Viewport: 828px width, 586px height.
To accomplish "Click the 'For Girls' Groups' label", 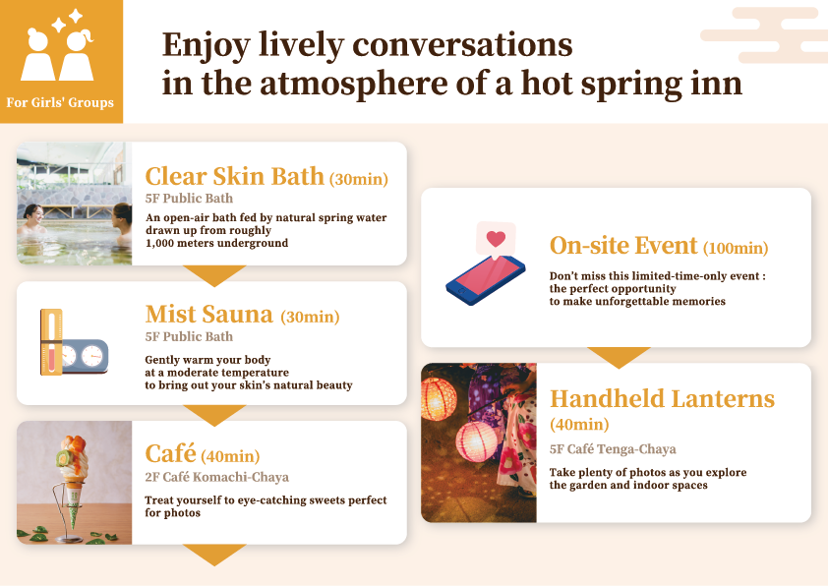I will click(60, 102).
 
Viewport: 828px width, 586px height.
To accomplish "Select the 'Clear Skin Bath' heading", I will click(234, 177).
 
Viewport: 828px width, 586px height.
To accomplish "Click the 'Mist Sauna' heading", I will click(208, 315).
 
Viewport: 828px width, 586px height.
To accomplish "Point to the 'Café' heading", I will click(171, 454).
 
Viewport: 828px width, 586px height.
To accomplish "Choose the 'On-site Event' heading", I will click(623, 246).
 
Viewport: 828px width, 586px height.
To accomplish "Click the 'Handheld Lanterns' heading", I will click(662, 399).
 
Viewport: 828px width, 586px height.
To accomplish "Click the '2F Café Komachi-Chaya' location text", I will click(216, 478).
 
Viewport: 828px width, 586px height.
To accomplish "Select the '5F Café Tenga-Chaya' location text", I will click(613, 449).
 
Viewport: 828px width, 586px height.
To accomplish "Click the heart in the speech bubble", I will click(496, 239).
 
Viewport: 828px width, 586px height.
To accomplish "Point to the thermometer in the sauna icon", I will click(51, 341).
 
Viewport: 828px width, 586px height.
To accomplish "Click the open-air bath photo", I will click(75, 204).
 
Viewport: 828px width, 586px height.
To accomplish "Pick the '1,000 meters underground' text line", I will click(216, 243).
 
